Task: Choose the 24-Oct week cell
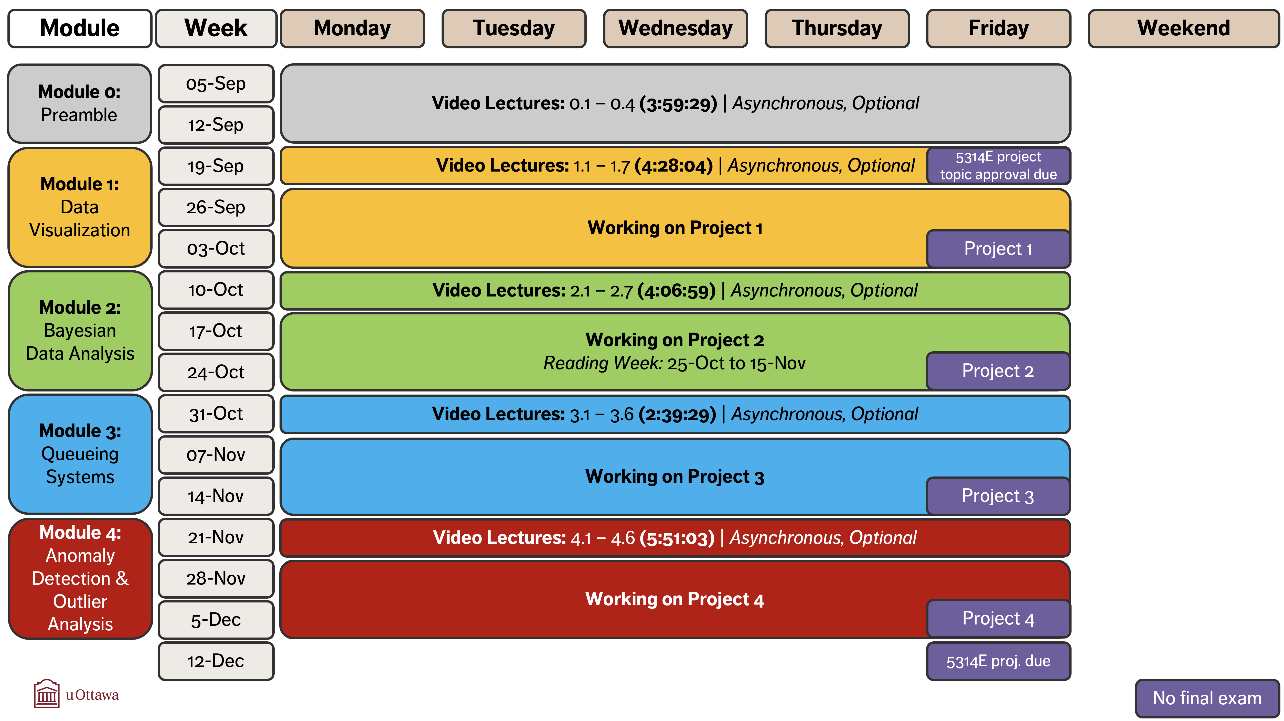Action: coord(216,372)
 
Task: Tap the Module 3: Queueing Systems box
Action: coord(80,454)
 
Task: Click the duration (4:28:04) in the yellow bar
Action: coord(674,166)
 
